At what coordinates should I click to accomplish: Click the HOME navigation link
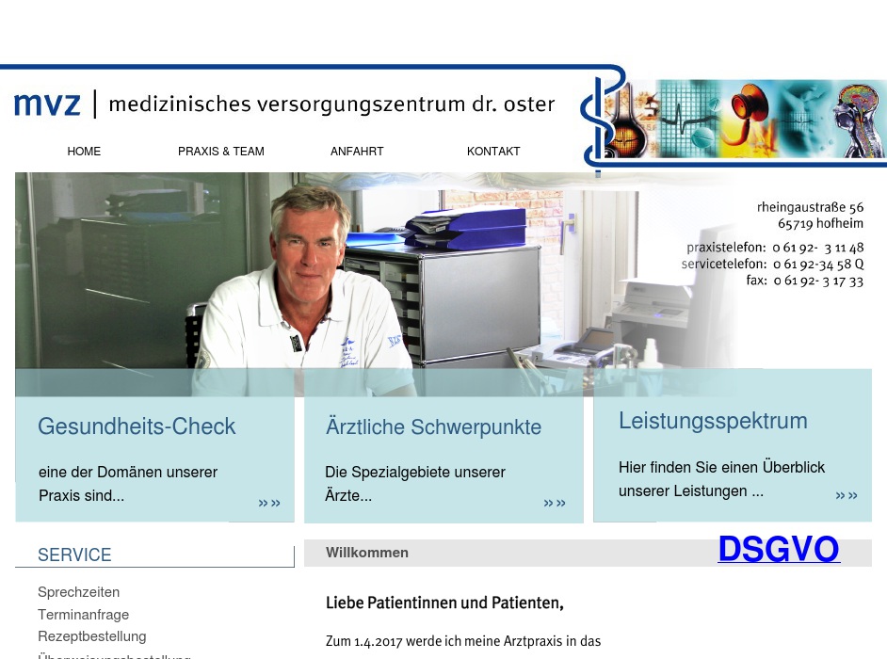coord(84,152)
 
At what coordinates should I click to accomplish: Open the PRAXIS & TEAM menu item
coord(221,152)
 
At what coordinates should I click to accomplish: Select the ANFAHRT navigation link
coord(357,152)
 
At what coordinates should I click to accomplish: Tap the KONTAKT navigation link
coord(493,152)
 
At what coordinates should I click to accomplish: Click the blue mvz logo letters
coord(47,104)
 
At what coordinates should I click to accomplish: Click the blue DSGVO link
coord(778,550)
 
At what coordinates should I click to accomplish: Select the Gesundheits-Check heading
coord(137,426)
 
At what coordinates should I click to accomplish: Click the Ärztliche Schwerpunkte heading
coord(433,427)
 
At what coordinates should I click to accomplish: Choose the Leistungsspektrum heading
coord(713,421)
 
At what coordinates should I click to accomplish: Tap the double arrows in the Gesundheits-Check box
coord(269,504)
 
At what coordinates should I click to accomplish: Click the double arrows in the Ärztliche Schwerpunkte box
coord(555,504)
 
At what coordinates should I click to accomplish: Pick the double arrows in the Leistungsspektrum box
coord(847,496)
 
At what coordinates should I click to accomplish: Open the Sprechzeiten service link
coord(78,592)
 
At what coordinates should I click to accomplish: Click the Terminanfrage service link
coord(83,615)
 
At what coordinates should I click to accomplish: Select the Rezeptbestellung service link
coord(91,636)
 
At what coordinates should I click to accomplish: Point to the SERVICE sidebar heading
coord(74,555)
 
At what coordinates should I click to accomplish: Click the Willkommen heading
coord(367,553)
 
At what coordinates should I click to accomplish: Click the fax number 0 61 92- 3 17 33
coord(817,281)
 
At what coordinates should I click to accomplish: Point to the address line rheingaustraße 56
coord(810,207)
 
